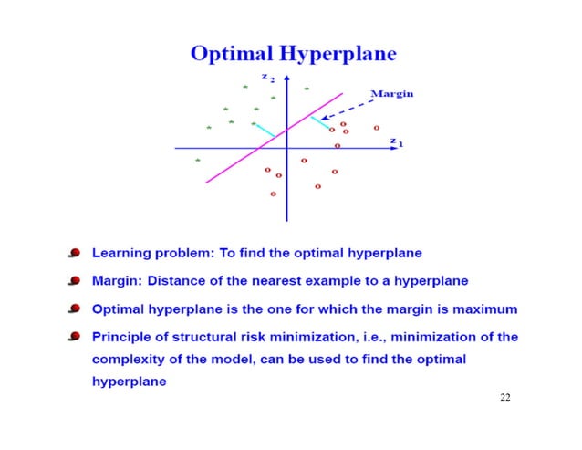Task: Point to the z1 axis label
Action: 395,141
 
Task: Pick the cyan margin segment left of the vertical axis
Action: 265,131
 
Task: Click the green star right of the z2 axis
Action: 307,89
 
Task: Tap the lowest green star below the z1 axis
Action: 198,161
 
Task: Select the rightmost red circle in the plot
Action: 376,128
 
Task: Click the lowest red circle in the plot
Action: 273,194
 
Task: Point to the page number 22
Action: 506,399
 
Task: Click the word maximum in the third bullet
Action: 483,309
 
